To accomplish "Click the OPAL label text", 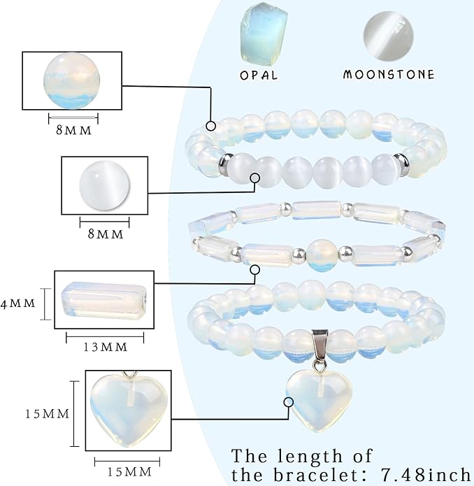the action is pos(259,75).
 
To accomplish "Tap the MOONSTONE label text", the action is pos(389,74).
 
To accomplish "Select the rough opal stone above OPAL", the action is pos(264,36).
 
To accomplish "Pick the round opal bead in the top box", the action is pos(72,80).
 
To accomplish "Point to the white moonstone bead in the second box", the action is pos(104,186).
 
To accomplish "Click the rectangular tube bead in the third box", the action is pos(103,299).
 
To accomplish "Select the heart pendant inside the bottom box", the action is pos(129,408).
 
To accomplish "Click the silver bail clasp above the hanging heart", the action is pos(319,347).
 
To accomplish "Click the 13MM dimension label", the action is pos(106,347).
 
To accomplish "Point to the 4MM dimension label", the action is pos(18,303).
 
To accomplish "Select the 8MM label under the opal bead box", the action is pos(73,130).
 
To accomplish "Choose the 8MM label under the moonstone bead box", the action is pos(106,234).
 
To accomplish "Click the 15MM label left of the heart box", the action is pos(47,414).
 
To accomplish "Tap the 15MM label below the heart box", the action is pos(129,472).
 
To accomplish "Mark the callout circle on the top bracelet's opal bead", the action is pos(211,126).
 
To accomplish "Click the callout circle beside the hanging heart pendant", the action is pos(289,402).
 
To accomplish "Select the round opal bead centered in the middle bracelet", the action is pos(322,255).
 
